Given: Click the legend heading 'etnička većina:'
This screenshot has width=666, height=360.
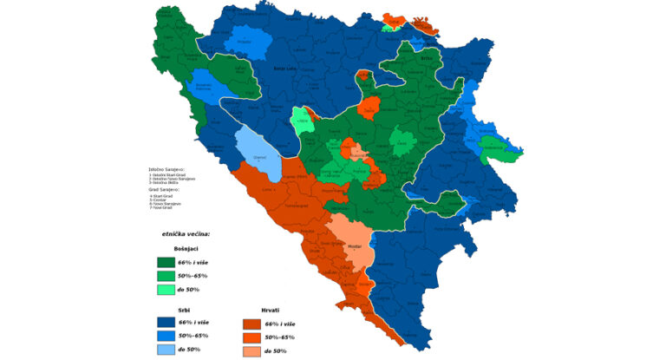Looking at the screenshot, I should point(185,234).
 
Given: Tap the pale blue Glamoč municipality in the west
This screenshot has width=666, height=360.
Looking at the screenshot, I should point(259,154).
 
